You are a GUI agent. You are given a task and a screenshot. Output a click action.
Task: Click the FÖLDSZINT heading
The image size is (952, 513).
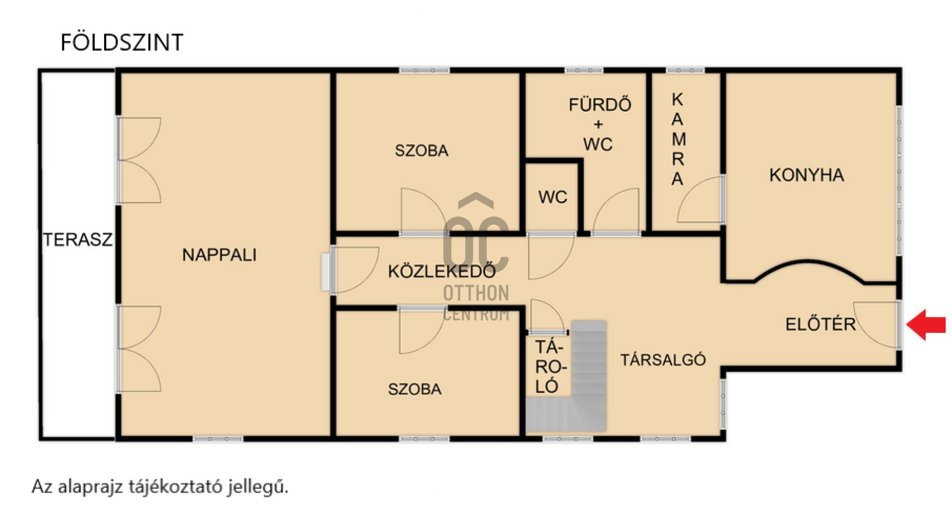[122, 42]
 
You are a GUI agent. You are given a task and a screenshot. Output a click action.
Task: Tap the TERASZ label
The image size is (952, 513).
[78, 240]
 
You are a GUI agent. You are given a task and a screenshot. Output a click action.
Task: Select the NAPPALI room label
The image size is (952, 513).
[219, 255]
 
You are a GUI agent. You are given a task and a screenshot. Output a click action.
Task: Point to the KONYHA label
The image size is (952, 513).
[807, 175]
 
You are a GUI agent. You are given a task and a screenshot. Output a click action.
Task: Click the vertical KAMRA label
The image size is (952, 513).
[678, 139]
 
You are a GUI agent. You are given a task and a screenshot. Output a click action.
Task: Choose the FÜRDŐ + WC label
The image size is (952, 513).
[600, 124]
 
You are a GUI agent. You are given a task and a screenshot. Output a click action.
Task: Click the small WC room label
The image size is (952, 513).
[553, 197]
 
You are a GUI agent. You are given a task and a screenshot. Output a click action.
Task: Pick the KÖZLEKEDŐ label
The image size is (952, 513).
[442, 271]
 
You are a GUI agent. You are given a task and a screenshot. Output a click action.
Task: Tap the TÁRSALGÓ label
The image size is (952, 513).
[663, 360]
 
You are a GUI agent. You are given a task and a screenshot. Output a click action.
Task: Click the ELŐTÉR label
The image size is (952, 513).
[820, 324]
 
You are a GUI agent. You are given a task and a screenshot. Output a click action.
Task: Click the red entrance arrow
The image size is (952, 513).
[926, 325]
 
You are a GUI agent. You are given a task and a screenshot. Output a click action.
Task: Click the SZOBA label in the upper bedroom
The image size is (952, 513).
[422, 151]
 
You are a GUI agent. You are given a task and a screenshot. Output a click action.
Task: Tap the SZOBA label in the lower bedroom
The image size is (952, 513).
[415, 390]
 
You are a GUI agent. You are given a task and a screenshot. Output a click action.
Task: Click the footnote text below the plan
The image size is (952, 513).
[160, 487]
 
